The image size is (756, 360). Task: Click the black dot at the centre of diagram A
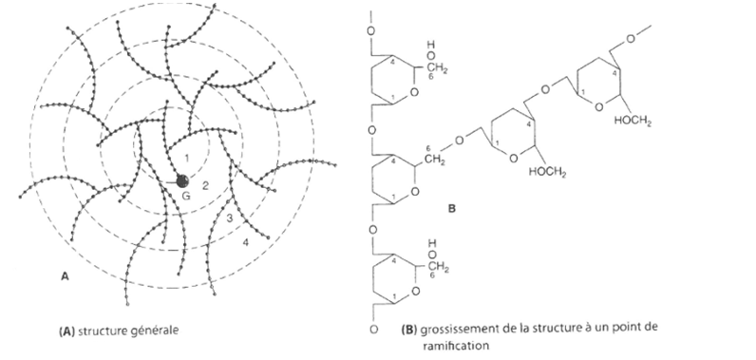(182, 180)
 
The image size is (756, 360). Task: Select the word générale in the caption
(157, 331)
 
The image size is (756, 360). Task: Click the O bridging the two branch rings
(544, 91)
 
